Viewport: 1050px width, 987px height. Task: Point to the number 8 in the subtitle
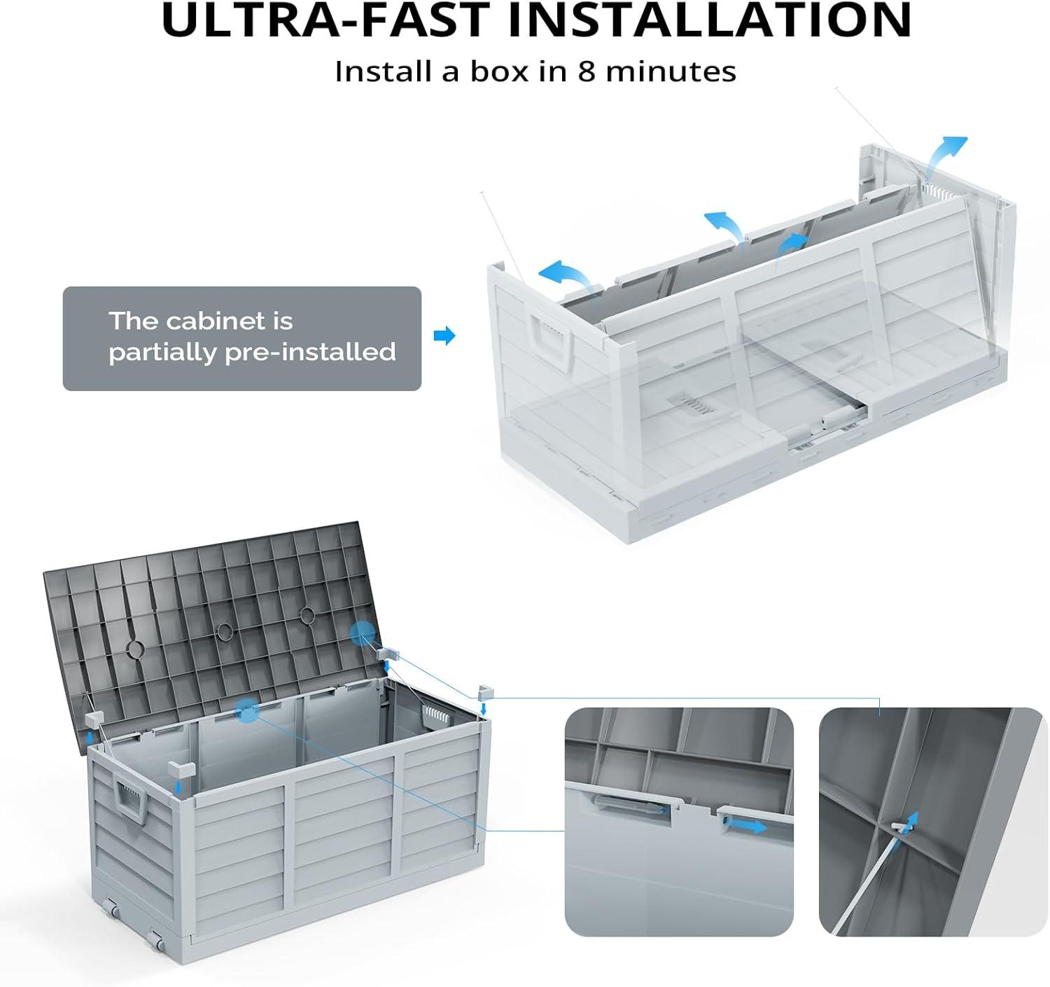(586, 71)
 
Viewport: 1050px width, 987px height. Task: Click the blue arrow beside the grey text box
(444, 335)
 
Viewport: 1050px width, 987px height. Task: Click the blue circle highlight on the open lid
(363, 633)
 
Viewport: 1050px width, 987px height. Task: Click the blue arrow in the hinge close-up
(744, 826)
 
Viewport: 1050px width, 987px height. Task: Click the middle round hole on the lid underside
(225, 630)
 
